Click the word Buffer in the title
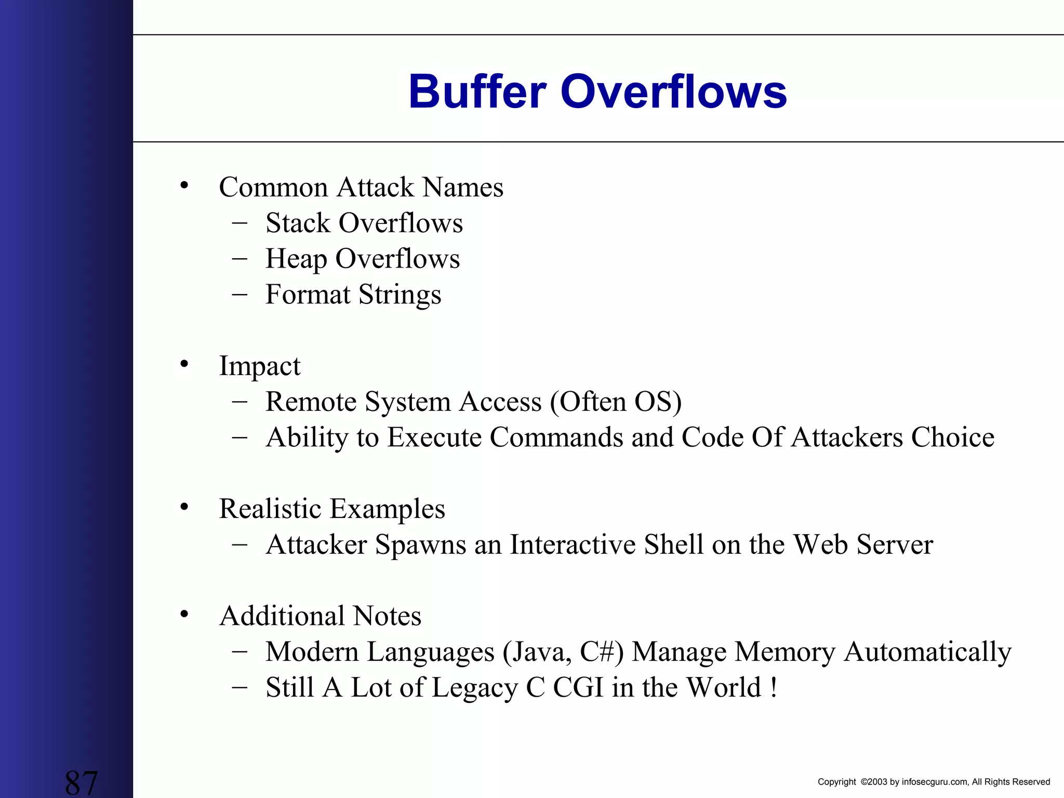point(477,92)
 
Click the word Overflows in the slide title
point(673,92)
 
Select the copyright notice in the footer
point(934,782)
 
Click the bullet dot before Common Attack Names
point(184,185)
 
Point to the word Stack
point(298,223)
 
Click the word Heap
point(296,259)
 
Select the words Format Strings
point(353,295)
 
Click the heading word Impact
point(259,366)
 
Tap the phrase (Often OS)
point(616,402)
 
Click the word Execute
point(434,437)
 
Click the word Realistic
point(270,509)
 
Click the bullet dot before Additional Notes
point(184,615)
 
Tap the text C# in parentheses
point(597,652)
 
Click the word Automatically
point(927,652)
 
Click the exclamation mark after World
point(774,688)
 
